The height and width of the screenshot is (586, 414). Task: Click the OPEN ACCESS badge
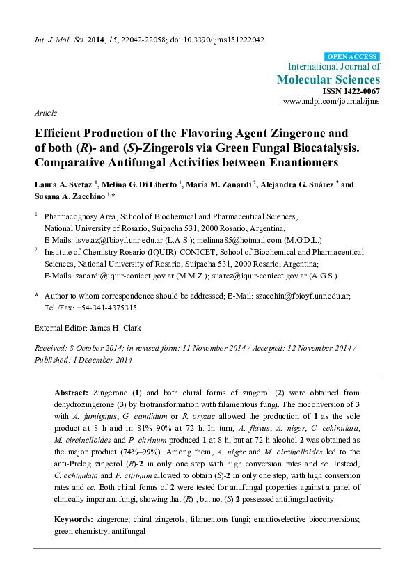(351, 56)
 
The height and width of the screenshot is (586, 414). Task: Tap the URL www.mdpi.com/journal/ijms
(331, 102)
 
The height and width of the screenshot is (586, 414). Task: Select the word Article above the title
(45, 112)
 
